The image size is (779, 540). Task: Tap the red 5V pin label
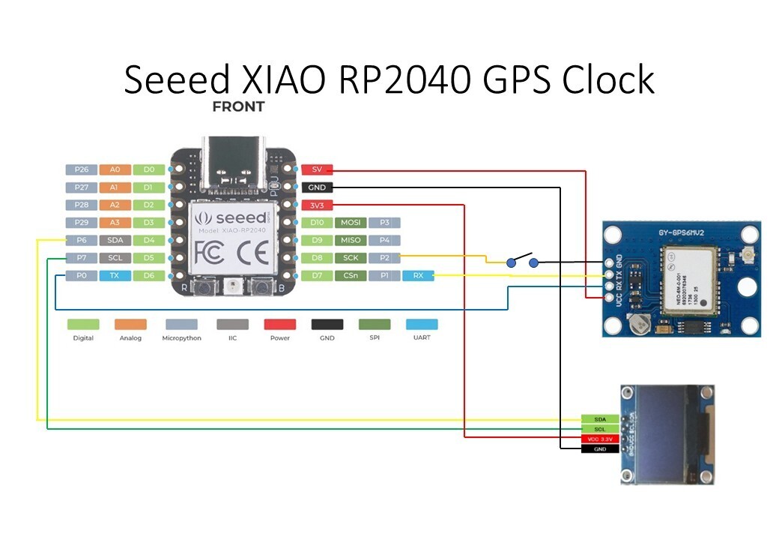click(316, 170)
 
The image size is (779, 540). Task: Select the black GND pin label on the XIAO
click(316, 187)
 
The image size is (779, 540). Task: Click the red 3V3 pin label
click(316, 205)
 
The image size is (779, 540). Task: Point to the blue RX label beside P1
click(418, 276)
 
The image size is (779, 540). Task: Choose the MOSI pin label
click(351, 223)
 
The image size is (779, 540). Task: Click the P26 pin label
click(81, 170)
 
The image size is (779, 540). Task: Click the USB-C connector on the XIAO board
click(234, 163)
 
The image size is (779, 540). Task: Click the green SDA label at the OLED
click(600, 419)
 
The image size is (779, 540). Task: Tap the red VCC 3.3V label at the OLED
click(600, 439)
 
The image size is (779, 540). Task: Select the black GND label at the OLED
click(600, 448)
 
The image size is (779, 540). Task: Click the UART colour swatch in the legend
click(422, 325)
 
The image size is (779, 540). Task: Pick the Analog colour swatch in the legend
click(130, 325)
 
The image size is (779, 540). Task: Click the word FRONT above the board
click(238, 106)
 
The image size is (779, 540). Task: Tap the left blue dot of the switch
click(511, 262)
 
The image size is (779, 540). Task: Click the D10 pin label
click(316, 223)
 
